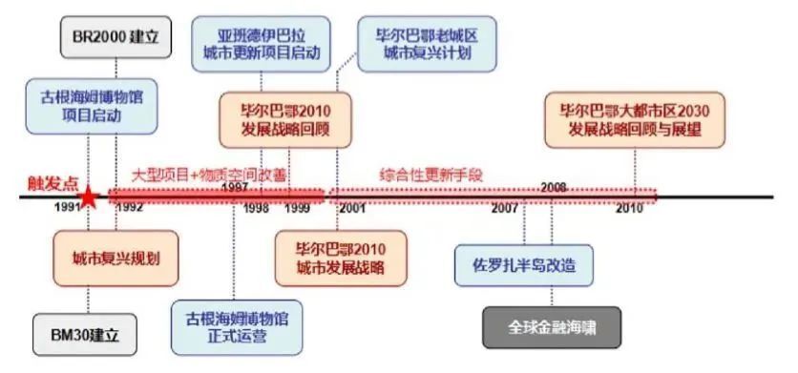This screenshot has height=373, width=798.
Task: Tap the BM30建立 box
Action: point(86,335)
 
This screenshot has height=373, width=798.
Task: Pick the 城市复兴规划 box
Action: point(115,259)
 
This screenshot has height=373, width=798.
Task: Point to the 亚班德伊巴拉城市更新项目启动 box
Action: point(262,42)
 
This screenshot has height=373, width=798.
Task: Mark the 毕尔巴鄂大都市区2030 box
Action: point(635,118)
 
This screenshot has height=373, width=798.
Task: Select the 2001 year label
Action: point(351,207)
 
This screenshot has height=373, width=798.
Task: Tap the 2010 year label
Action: point(628,207)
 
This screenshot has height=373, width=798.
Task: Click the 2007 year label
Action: point(505,207)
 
